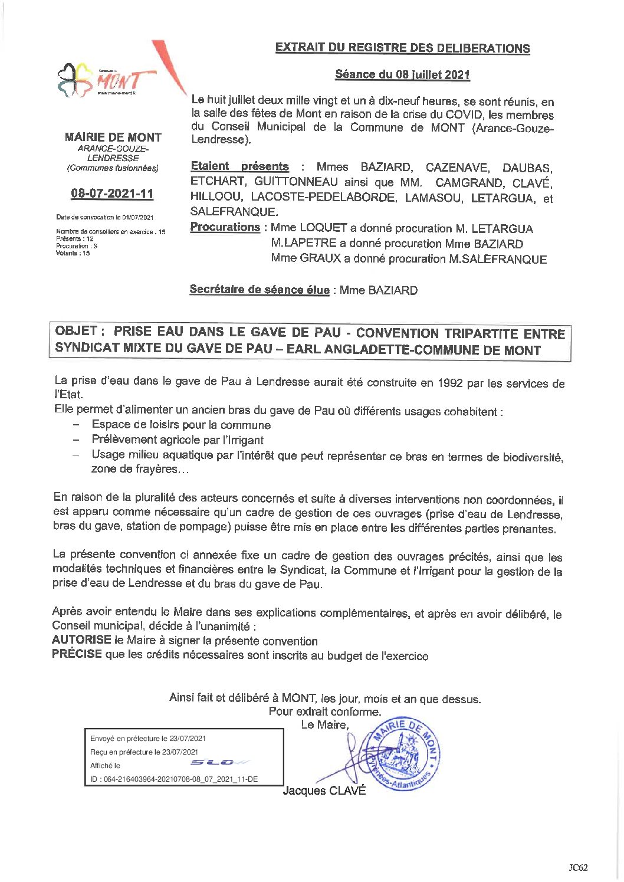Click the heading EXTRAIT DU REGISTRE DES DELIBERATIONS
coord(402,48)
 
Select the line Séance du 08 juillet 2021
coord(402,74)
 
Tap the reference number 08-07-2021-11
coord(112,194)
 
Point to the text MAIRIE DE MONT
coord(113,137)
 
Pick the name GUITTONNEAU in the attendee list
coord(296,182)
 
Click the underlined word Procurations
coord(225,227)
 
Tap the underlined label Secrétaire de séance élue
coord(260,290)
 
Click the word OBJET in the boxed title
coord(75,331)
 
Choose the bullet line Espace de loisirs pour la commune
coord(181,425)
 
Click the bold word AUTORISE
coord(81,640)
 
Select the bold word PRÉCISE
coord(77,654)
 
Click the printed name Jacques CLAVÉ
coord(324,791)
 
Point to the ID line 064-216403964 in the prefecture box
coord(173,779)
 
